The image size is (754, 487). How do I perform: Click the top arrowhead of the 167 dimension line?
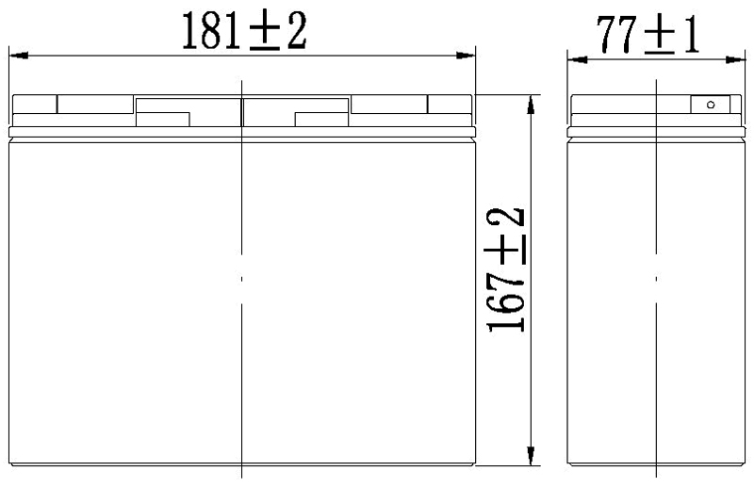[x=533, y=102]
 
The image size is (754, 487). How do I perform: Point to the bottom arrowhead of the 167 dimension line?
[x=533, y=456]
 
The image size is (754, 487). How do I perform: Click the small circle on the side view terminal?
[x=711, y=105]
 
